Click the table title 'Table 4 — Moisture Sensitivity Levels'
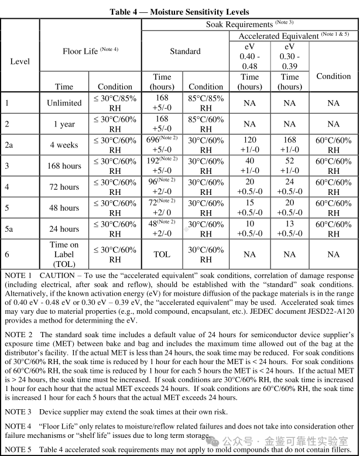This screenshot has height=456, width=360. coord(179,12)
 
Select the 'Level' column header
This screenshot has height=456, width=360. coord(20,61)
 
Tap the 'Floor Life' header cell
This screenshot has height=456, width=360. coord(90,51)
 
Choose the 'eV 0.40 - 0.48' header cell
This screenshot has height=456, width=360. coord(250,56)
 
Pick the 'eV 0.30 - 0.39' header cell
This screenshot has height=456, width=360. coord(290,56)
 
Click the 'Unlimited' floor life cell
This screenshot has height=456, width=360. coord(64,103)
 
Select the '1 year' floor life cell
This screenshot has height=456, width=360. coord(64,124)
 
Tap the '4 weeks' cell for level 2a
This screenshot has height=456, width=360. coord(64,145)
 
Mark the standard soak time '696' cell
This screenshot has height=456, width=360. coord(162,145)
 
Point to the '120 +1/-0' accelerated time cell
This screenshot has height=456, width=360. coord(250,145)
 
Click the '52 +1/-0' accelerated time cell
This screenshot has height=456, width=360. coord(290,166)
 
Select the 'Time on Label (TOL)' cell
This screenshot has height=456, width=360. coord(64,254)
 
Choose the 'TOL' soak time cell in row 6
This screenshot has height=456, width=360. coord(162,254)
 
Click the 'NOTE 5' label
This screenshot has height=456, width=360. coord(18,450)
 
